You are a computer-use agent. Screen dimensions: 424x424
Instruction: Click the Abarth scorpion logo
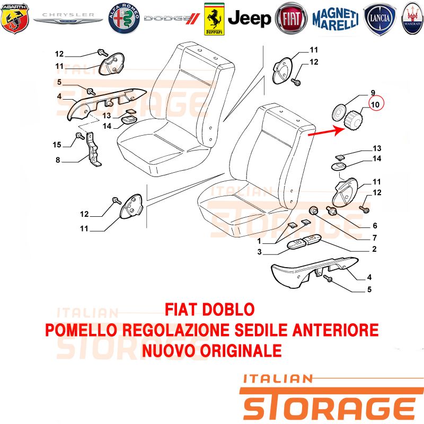pyautogui.click(x=15, y=19)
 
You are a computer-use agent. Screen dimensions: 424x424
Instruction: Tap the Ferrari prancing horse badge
pyautogui.click(x=214, y=19)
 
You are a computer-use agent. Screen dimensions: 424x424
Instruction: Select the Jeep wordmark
pyautogui.click(x=249, y=19)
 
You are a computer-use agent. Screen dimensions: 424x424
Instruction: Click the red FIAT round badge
pyautogui.click(x=291, y=19)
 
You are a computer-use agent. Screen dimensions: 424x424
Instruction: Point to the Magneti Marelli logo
pyautogui.click(x=335, y=19)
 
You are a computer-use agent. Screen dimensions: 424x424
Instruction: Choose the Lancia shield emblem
pyautogui.click(x=379, y=19)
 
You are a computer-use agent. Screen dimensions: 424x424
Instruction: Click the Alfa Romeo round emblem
pyautogui.click(x=124, y=19)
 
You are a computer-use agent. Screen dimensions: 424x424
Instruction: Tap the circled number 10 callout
pyautogui.click(x=376, y=104)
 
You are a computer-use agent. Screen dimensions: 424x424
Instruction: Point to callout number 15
pyautogui.click(x=57, y=145)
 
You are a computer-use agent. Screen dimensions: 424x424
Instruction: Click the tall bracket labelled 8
pyautogui.click(x=93, y=149)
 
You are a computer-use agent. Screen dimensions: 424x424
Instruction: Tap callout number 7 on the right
pyautogui.click(x=375, y=237)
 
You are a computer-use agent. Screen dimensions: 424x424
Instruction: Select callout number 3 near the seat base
pyautogui.click(x=259, y=252)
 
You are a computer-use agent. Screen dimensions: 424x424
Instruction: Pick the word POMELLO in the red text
pyautogui.click(x=81, y=330)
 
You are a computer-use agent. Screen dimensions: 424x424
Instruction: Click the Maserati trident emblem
pyautogui.click(x=413, y=19)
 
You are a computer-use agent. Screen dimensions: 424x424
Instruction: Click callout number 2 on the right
pyautogui.click(x=374, y=249)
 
